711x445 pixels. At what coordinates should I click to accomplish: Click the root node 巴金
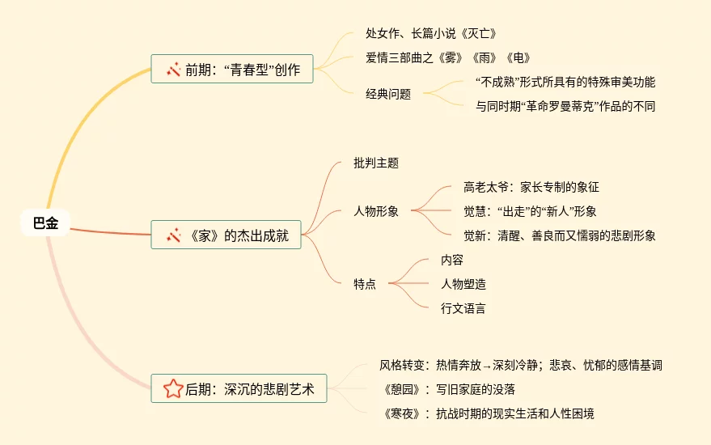tap(45, 223)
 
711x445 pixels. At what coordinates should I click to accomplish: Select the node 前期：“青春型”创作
tap(232, 70)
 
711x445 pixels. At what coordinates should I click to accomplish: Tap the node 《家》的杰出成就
tap(226, 236)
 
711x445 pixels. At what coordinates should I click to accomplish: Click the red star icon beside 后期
tap(173, 390)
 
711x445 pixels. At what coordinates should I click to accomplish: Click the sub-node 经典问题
tap(388, 94)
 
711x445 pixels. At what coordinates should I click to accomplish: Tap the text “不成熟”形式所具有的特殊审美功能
tap(565, 82)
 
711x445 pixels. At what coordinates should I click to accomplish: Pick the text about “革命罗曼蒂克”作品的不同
tap(565, 106)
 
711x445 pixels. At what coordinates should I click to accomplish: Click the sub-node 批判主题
tap(376, 163)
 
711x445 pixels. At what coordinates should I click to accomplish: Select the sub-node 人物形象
tap(376, 211)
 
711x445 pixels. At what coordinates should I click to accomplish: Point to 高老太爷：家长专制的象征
tap(531, 187)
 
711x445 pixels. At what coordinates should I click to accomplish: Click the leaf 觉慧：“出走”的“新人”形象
tap(530, 211)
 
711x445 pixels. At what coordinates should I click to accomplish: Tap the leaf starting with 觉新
tap(560, 235)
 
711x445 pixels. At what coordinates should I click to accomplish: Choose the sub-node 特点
tap(365, 284)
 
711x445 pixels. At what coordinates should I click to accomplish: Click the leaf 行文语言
tap(463, 308)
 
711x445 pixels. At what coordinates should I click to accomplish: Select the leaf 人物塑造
tap(463, 284)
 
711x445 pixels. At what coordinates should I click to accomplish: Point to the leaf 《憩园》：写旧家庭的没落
tap(454, 389)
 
